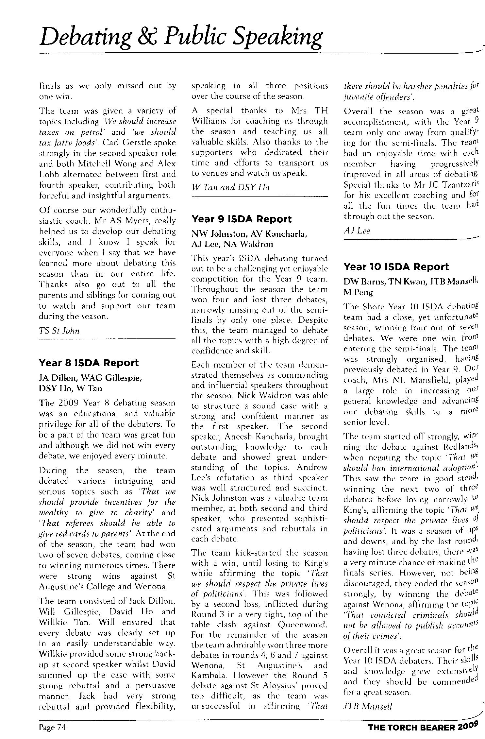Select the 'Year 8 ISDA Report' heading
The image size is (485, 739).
[89, 363]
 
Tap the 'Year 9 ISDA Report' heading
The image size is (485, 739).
[241, 219]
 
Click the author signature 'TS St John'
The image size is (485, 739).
[59, 331]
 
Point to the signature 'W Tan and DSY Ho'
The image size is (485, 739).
[230, 187]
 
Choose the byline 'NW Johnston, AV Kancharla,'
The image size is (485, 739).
[249, 234]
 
